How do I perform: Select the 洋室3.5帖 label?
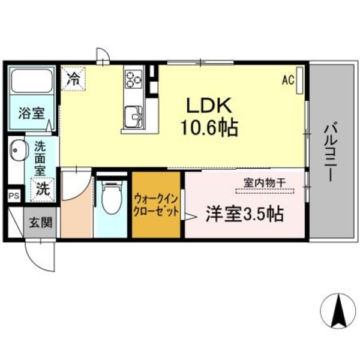click(245, 214)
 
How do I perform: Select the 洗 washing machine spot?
click(42, 188)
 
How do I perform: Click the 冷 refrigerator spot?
click(73, 77)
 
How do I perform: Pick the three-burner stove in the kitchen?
click(133, 78)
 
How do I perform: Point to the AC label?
click(288, 79)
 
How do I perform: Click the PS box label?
click(13, 196)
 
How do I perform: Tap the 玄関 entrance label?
click(41, 222)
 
